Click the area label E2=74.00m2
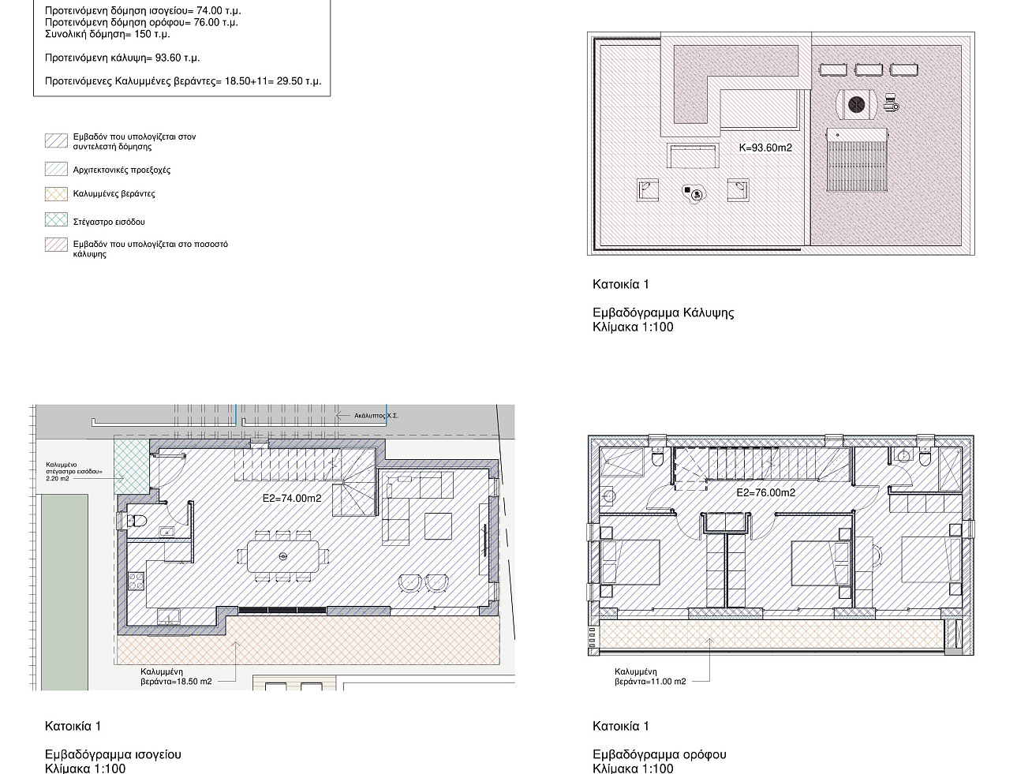click(x=291, y=498)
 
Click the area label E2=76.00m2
click(x=766, y=492)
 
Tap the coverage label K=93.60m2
click(x=765, y=148)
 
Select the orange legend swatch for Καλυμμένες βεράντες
click(x=57, y=194)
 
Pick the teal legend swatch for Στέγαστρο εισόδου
click(x=57, y=219)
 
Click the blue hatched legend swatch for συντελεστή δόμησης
click(x=57, y=140)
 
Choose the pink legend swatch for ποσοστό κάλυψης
click(x=57, y=245)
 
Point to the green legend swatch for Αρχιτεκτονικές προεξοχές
click(x=57, y=169)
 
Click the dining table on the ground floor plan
click(x=282, y=556)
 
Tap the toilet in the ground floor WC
click(x=136, y=520)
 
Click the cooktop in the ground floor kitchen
click(x=136, y=581)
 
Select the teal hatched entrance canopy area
click(x=132, y=466)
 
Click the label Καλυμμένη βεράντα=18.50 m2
click(x=176, y=677)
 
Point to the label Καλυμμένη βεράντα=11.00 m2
click(x=650, y=677)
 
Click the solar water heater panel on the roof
click(x=857, y=160)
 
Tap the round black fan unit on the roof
click(x=856, y=104)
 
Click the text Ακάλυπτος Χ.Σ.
click(x=376, y=416)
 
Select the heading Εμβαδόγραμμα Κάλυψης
click(x=663, y=312)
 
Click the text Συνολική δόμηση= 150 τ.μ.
click(x=107, y=34)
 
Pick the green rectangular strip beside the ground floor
click(x=65, y=592)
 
